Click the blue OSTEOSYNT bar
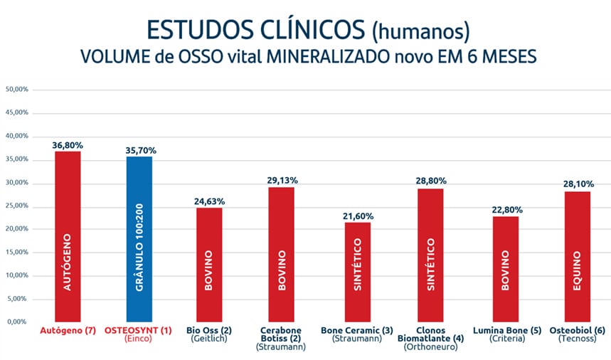(139, 238)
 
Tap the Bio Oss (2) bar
(209, 264)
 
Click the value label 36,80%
(68, 145)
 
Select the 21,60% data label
(358, 216)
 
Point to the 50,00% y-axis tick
(16, 90)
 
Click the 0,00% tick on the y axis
(18, 322)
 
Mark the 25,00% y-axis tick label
(16, 206)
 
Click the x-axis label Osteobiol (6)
(578, 331)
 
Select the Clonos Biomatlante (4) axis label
(432, 335)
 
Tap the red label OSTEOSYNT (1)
(138, 331)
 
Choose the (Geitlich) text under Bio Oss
(209, 339)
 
